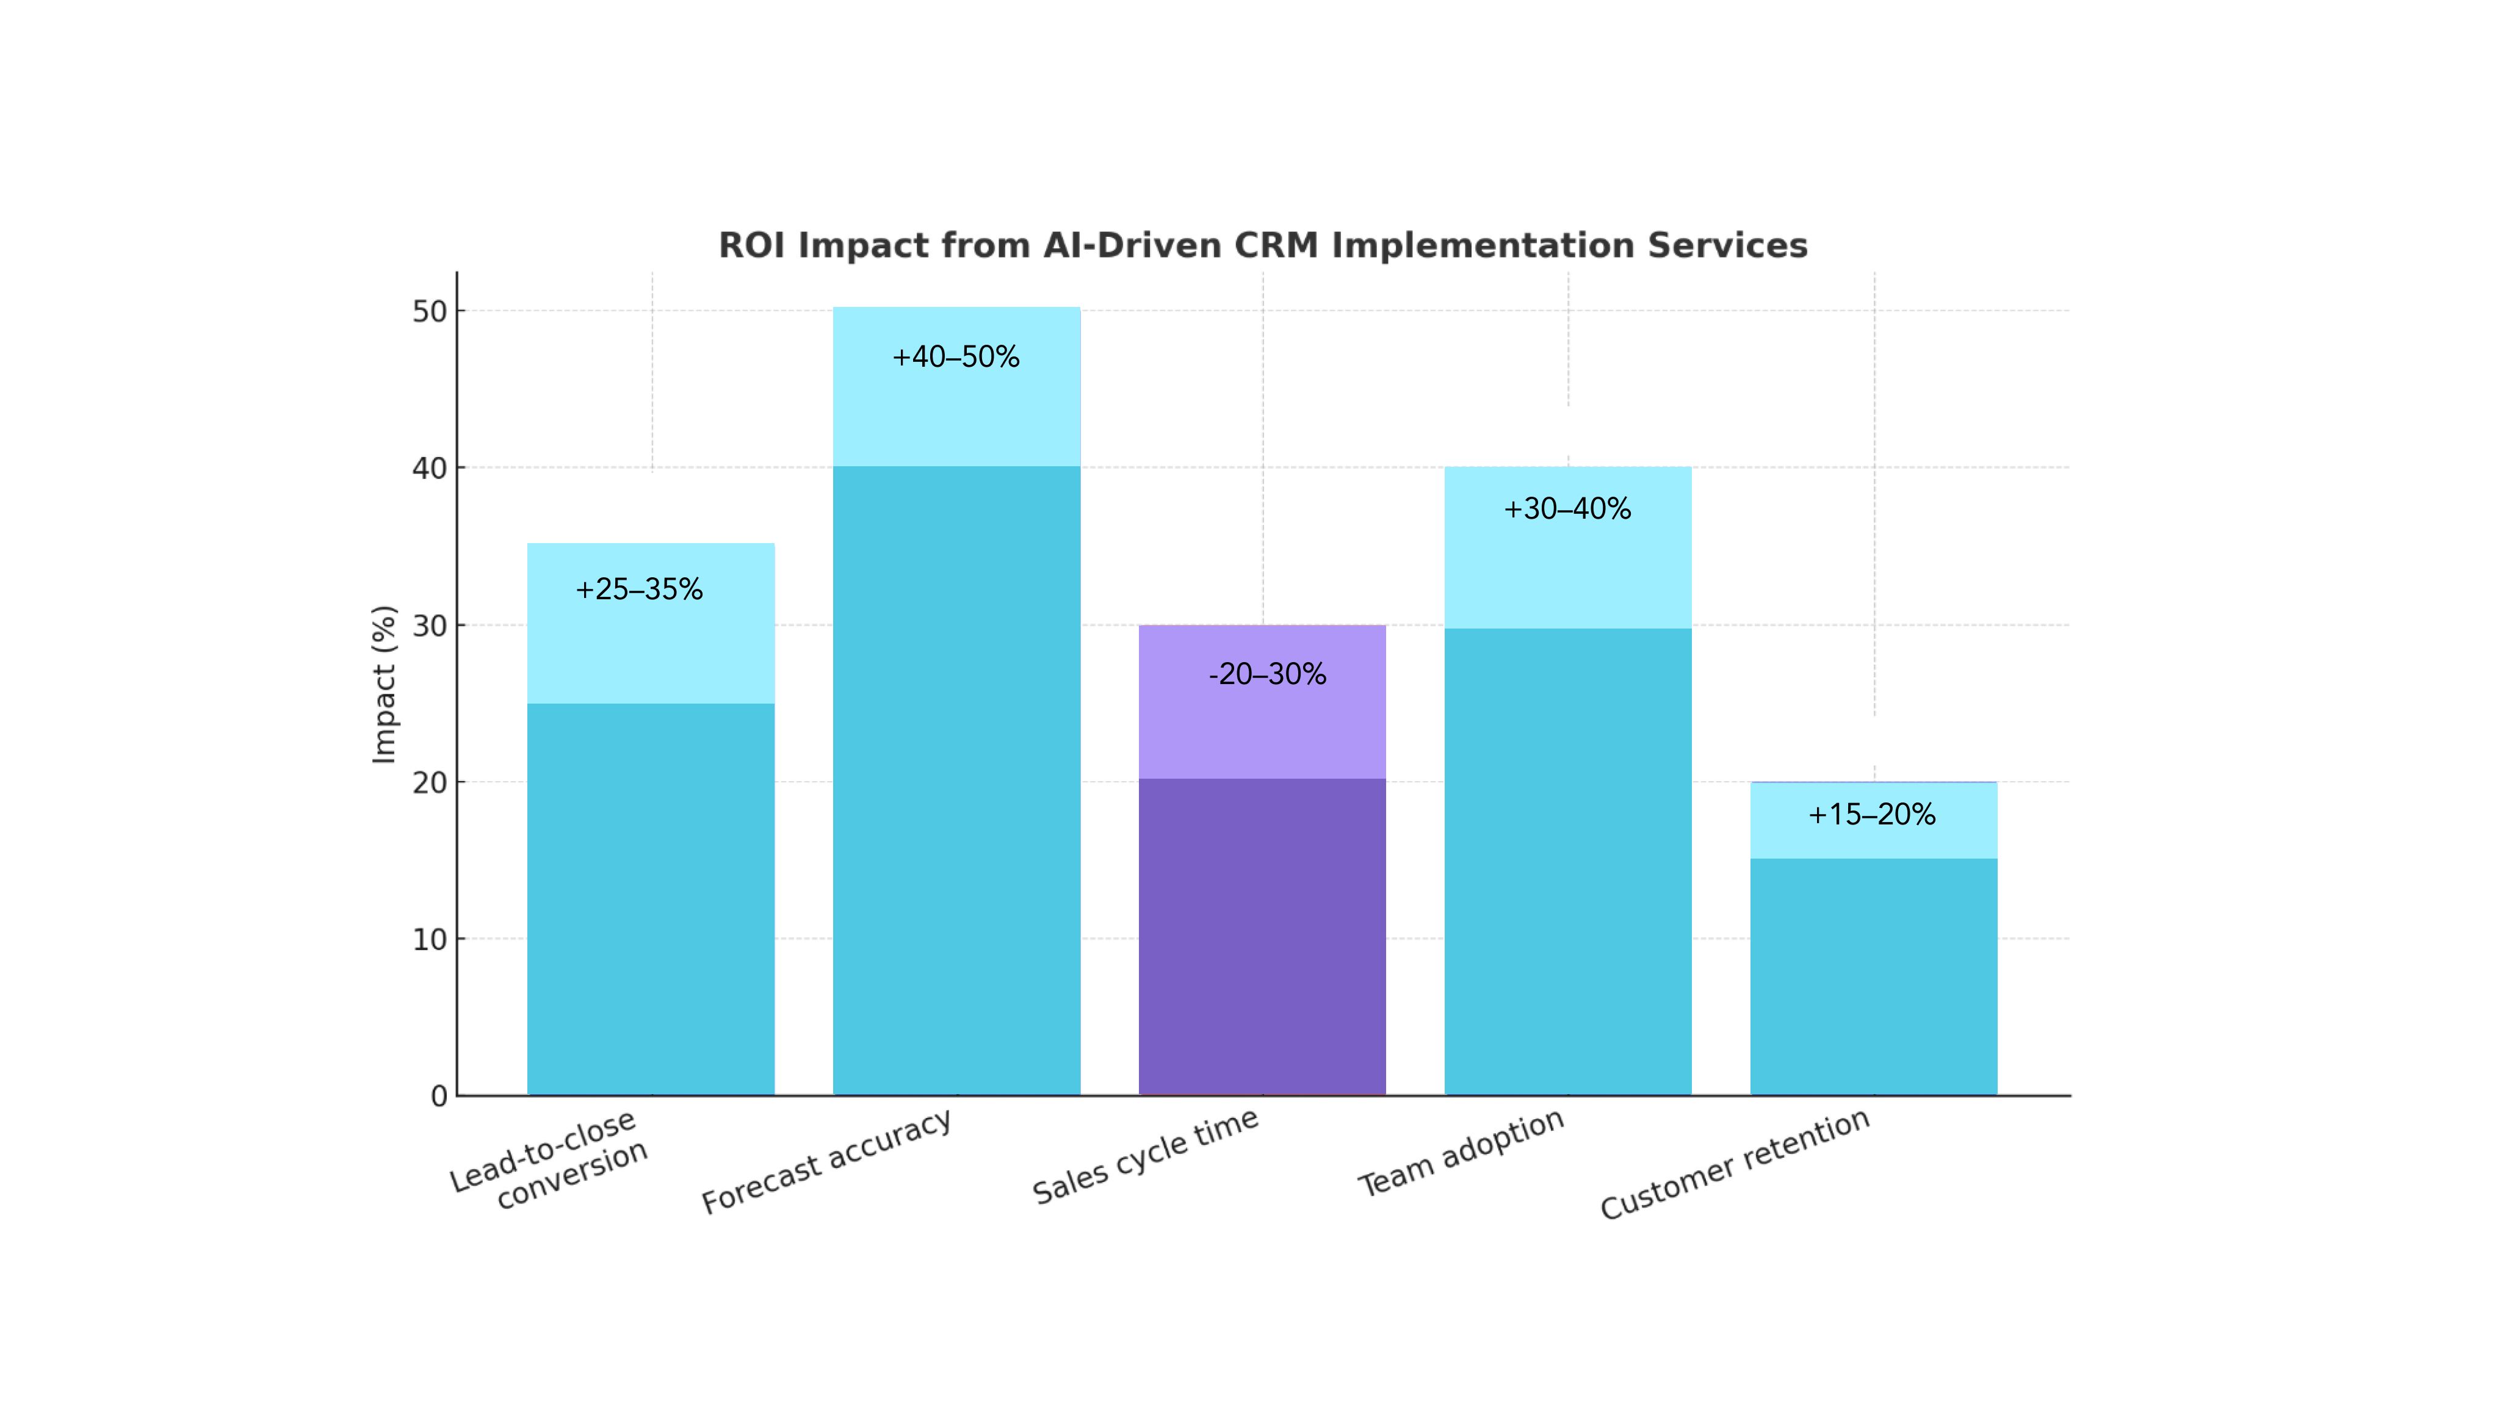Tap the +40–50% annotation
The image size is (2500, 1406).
pos(955,357)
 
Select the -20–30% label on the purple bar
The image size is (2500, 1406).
pos(1266,674)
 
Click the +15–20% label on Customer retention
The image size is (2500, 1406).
pos(1871,814)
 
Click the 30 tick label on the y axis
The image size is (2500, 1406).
pos(429,626)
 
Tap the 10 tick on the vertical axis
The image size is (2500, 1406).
pos(429,939)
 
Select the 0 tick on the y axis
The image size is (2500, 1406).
pos(439,1097)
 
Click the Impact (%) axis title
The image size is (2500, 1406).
pos(385,684)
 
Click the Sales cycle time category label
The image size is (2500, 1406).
pos(1145,1156)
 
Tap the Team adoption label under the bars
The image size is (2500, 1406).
pos(1461,1153)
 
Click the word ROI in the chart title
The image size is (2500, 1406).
pos(751,245)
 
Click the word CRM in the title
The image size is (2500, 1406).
pos(1275,245)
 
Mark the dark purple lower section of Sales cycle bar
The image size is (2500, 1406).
pos(1262,936)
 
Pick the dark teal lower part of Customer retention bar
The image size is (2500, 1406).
pos(1873,975)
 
